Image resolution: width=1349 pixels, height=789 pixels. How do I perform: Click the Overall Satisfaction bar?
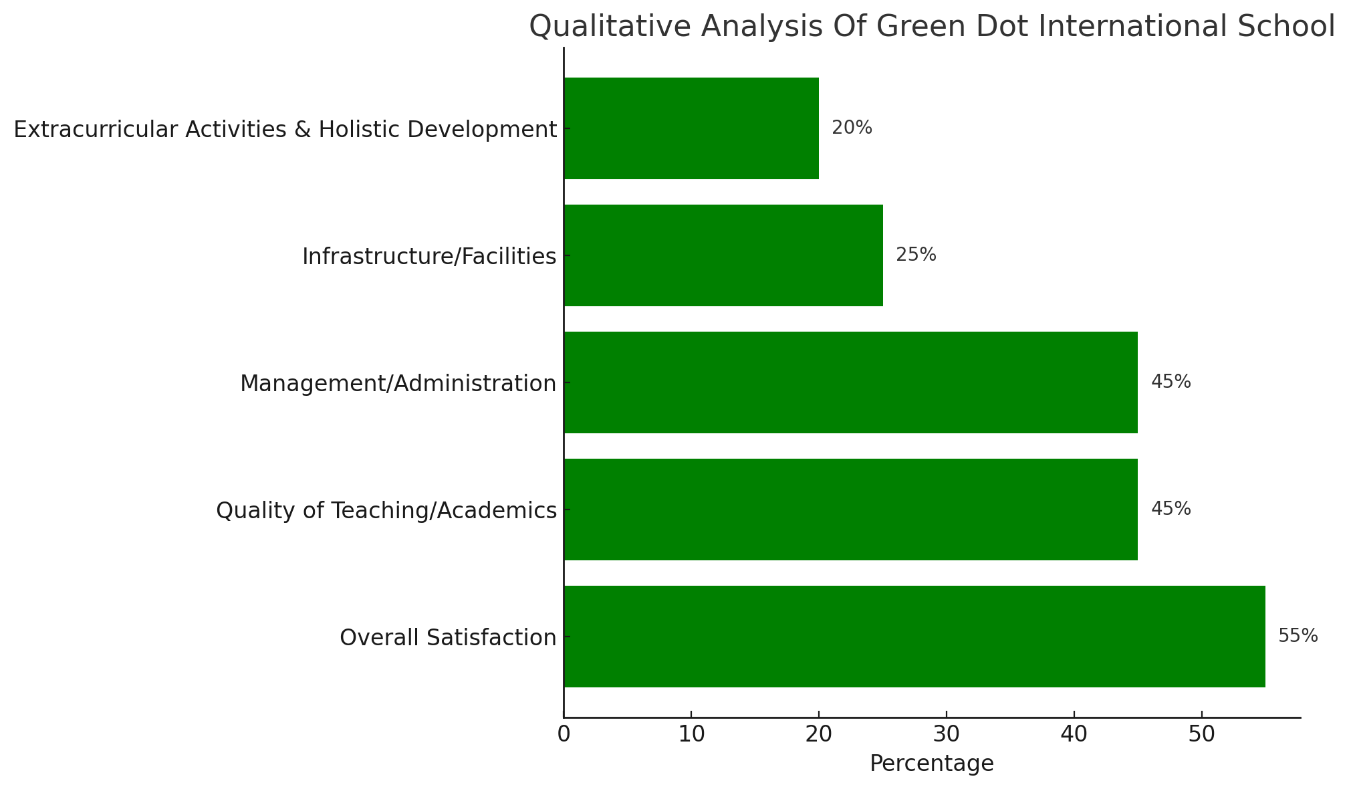pos(914,636)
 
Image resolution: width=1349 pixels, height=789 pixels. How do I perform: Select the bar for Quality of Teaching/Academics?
pos(850,509)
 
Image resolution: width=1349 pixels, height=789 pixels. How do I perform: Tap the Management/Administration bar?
pos(850,382)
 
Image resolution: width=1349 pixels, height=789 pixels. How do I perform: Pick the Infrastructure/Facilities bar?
pos(723,255)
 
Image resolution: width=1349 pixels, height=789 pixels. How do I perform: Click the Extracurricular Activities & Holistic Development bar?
pos(691,128)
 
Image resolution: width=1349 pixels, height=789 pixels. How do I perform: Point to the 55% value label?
pos(1298,636)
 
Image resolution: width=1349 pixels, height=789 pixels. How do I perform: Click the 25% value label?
pos(916,255)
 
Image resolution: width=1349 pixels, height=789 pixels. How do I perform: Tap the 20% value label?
pos(852,128)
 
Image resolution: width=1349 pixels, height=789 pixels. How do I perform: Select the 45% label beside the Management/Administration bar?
pos(1171,382)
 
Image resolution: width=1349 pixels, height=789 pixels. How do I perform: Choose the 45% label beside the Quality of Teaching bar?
pos(1171,509)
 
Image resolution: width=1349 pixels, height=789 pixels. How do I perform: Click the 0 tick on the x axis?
pos(564,735)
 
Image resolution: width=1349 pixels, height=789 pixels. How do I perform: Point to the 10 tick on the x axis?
pos(691,735)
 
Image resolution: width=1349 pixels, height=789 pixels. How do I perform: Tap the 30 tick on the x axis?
pos(946,735)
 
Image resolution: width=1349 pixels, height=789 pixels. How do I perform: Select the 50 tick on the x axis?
pos(1201,735)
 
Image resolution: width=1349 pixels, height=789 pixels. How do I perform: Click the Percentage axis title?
pos(931,764)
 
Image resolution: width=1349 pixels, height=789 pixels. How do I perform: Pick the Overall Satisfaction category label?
pos(448,637)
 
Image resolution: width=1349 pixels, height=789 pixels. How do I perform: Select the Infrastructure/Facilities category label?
pos(429,256)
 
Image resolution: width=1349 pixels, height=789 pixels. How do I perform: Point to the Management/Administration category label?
pos(398,383)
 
